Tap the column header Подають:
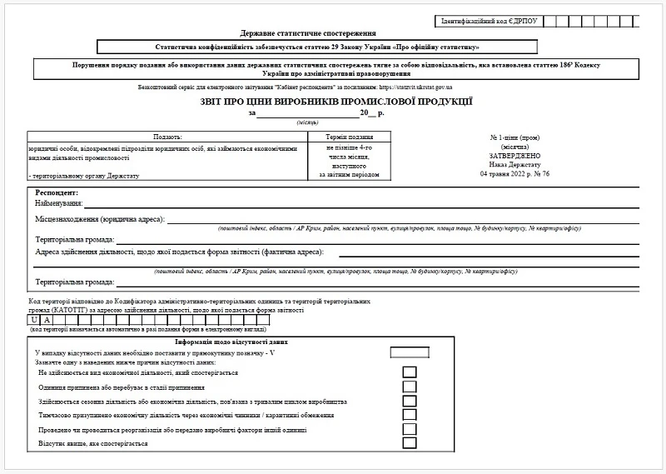pyautogui.click(x=166, y=136)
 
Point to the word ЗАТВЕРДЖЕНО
pyautogui.click(x=516, y=155)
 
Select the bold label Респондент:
pyautogui.click(x=57, y=192)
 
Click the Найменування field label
pyautogui.click(x=58, y=203)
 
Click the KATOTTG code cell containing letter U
pyautogui.click(x=34, y=320)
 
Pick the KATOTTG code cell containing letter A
pyautogui.click(x=48, y=320)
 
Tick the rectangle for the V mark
pyautogui.click(x=410, y=352)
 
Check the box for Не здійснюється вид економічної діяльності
pyautogui.click(x=410, y=372)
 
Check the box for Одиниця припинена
pyautogui.click(x=410, y=387)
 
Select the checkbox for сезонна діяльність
pyautogui.click(x=410, y=401)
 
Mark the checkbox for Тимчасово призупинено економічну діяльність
pyautogui.click(x=410, y=415)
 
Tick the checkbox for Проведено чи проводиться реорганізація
pyautogui.click(x=410, y=429)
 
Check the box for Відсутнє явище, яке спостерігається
pyautogui.click(x=410, y=443)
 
